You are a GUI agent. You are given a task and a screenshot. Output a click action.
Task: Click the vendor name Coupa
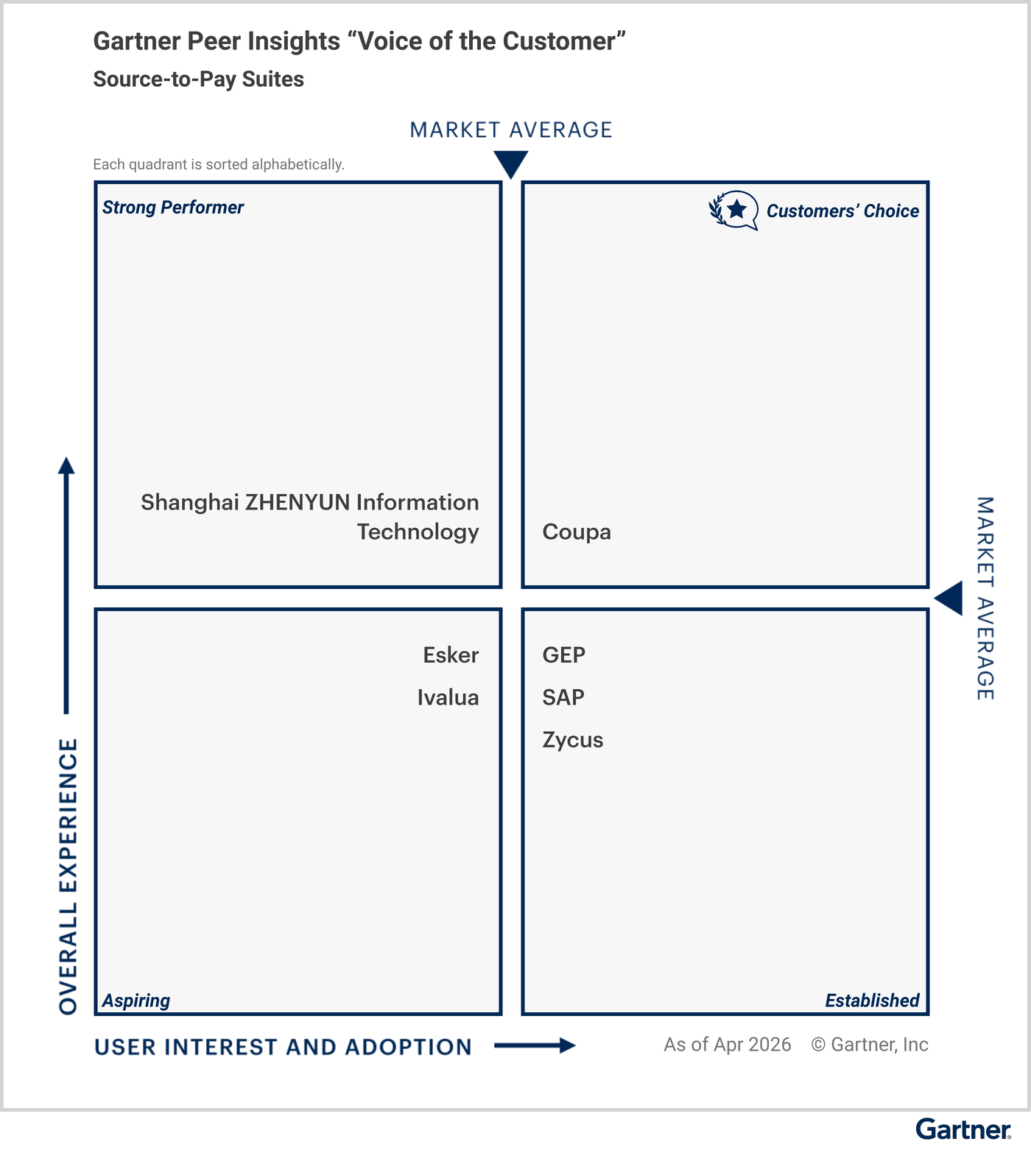577,532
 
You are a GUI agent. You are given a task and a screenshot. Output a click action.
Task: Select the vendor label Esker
451,655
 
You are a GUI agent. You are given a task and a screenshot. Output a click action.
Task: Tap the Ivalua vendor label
448,697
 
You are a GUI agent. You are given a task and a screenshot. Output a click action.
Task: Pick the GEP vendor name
564,655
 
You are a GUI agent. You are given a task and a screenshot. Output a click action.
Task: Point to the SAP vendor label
563,697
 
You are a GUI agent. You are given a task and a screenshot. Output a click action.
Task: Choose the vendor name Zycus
573,740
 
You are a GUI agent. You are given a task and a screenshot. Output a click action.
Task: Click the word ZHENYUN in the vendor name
298,502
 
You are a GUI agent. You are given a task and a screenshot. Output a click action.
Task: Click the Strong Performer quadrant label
173,208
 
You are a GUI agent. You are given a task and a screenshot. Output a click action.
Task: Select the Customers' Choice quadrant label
842,211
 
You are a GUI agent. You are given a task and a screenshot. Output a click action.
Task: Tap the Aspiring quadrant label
136,1001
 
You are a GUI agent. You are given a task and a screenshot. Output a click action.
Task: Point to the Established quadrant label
872,1001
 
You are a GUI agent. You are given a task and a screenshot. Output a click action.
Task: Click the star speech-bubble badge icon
733,211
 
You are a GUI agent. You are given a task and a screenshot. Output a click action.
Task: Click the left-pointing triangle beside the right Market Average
949,598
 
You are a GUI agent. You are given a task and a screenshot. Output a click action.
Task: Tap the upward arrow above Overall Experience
66,585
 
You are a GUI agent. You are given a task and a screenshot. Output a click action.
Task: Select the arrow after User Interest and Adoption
535,1045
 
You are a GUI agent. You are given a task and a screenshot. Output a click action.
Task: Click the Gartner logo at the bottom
963,1129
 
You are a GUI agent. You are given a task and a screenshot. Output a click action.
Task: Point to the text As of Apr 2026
728,1045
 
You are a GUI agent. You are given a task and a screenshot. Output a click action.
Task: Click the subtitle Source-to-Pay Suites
199,80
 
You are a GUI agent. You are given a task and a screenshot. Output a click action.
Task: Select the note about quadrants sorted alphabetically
219,164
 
